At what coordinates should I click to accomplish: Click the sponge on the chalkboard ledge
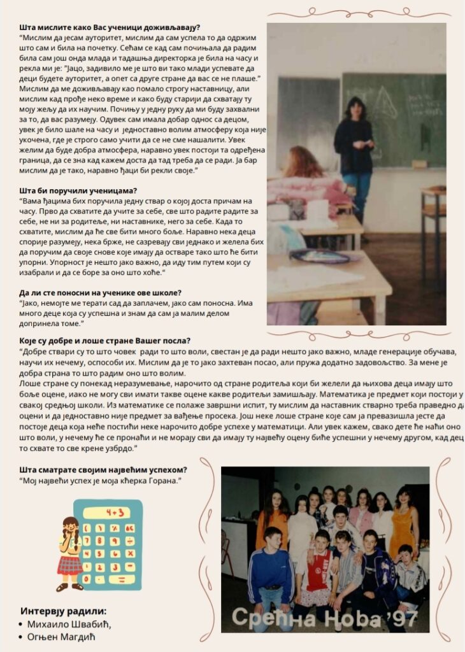pyautogui.click(x=419, y=164)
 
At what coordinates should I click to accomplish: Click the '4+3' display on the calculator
pyautogui.click(x=114, y=512)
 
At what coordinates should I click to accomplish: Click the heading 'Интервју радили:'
pyautogui.click(x=63, y=610)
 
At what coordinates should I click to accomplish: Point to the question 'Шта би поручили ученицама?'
pyautogui.click(x=78, y=190)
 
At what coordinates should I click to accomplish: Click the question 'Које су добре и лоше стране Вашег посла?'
pyautogui.click(x=105, y=341)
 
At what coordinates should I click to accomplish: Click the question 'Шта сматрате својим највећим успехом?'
pyautogui.click(x=103, y=469)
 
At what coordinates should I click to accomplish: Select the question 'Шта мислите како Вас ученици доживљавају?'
pyautogui.click(x=110, y=27)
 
